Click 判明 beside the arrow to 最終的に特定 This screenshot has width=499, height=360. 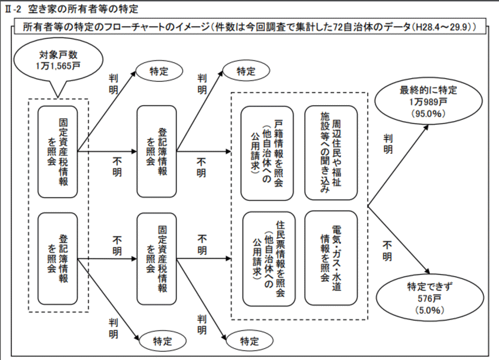[x=388, y=144]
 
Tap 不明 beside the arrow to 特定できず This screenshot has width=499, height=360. [x=388, y=251]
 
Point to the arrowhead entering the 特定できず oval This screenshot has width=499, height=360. [x=432, y=274]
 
